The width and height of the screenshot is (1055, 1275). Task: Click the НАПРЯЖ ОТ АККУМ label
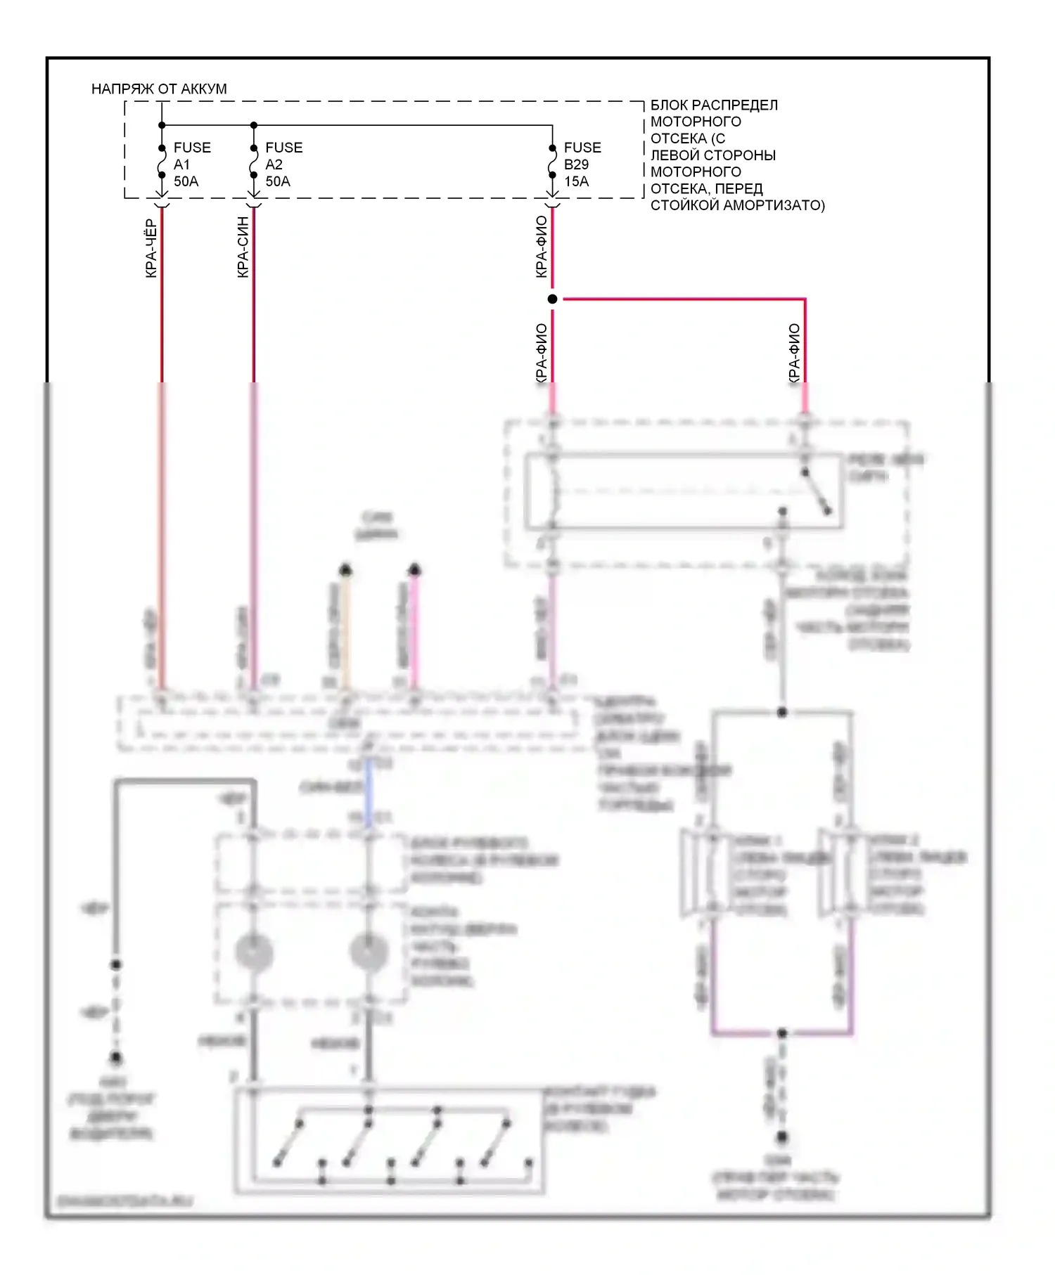tap(159, 89)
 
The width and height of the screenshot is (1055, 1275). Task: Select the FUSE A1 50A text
tap(191, 164)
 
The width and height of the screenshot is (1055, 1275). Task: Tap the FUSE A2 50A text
tap(283, 164)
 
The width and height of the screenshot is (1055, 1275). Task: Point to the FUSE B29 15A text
tap(582, 164)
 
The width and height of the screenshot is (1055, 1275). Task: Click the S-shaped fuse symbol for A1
tap(162, 164)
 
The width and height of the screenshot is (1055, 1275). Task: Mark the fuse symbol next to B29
tap(552, 164)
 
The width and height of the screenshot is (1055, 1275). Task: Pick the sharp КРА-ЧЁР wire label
tap(151, 249)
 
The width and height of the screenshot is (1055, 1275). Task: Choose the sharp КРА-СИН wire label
tap(243, 247)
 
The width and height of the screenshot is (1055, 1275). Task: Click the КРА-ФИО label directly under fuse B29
tap(541, 247)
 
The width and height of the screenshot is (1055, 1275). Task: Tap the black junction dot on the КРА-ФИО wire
tap(553, 299)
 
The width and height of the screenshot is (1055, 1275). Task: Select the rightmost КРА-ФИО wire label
tap(794, 353)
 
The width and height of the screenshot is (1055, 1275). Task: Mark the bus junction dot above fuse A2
tap(254, 126)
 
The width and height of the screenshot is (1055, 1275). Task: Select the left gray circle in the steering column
tap(253, 952)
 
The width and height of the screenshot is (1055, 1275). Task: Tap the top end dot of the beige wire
tap(345, 569)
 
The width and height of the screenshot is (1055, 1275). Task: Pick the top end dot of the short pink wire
tap(415, 569)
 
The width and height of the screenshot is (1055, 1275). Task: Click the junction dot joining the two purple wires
tap(781, 1033)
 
